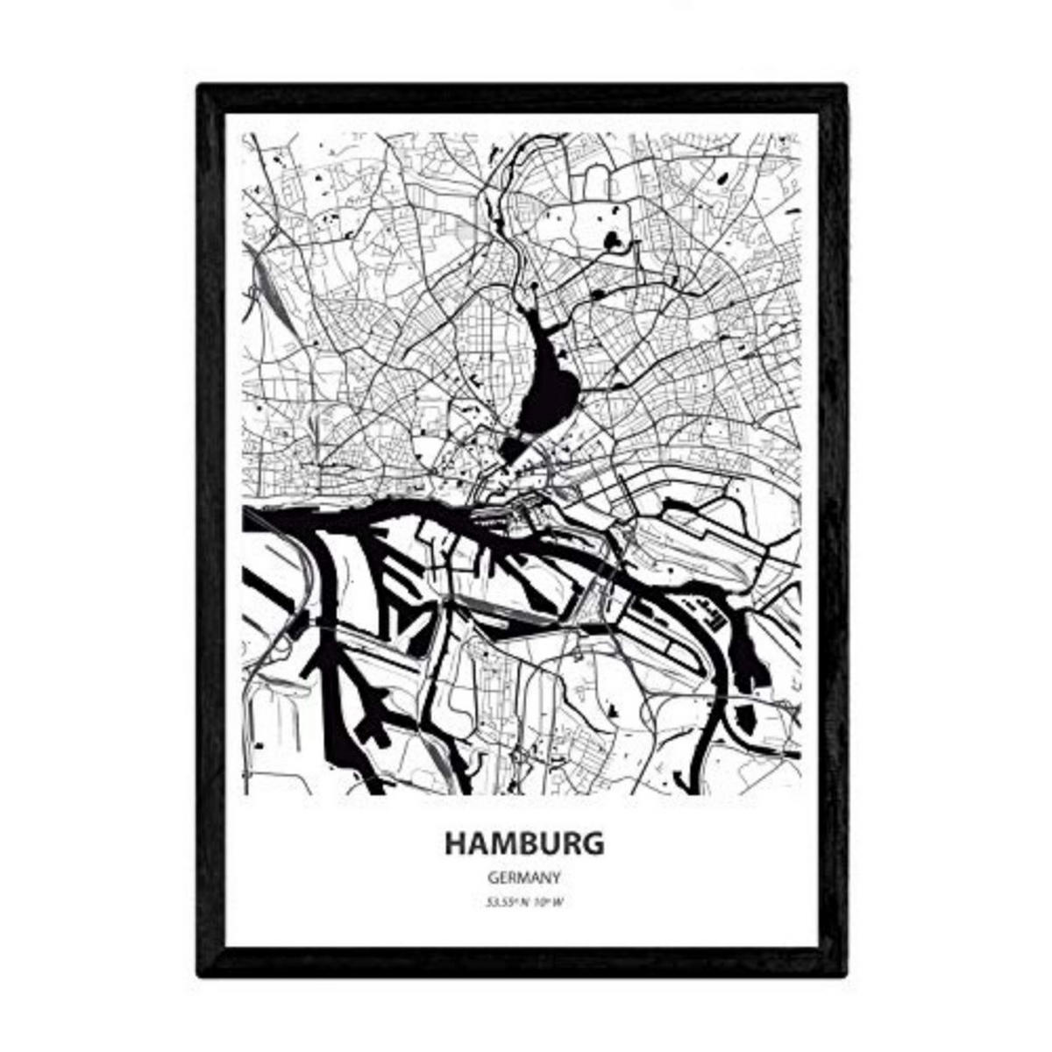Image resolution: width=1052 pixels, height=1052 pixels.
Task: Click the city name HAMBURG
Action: click(x=524, y=842)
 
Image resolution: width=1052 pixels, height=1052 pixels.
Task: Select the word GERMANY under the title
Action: click(x=524, y=877)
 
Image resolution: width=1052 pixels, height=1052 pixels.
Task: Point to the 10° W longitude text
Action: click(x=549, y=903)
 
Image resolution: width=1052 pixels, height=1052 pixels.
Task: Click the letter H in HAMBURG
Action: click(x=457, y=842)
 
